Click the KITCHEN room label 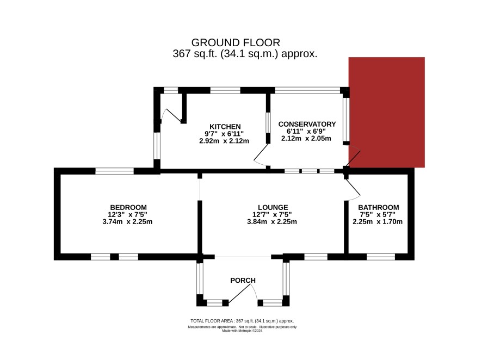[225, 127]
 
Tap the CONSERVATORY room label [307, 124]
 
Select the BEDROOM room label [128, 207]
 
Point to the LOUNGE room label [273, 207]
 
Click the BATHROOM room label [379, 207]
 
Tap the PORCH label [243, 281]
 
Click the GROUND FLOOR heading [236, 42]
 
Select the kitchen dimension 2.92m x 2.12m [224, 141]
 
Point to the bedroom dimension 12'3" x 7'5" [127, 214]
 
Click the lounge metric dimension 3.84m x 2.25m [272, 222]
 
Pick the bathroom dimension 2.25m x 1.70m [378, 222]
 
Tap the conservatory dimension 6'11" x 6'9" [306, 131]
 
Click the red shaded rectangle [387, 112]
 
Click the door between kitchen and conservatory [261, 156]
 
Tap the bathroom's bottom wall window [381, 257]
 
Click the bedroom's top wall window [114, 171]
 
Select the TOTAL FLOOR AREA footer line [242, 321]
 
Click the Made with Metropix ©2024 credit [242, 331]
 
